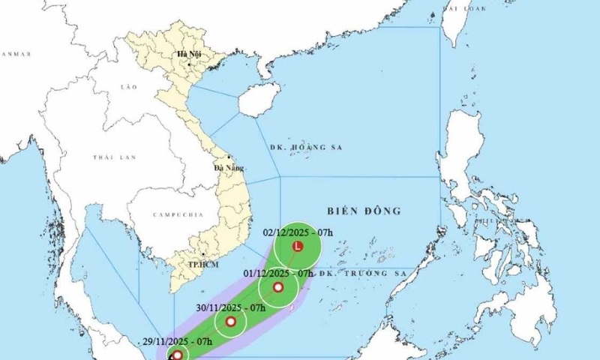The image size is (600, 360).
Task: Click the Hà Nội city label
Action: (x=188, y=55)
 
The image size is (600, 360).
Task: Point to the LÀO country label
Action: (x=129, y=88)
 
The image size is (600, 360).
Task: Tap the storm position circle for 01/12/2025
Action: (x=278, y=288)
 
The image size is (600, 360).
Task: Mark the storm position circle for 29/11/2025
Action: (x=176, y=355)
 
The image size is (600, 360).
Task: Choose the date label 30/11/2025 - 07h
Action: (x=231, y=307)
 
